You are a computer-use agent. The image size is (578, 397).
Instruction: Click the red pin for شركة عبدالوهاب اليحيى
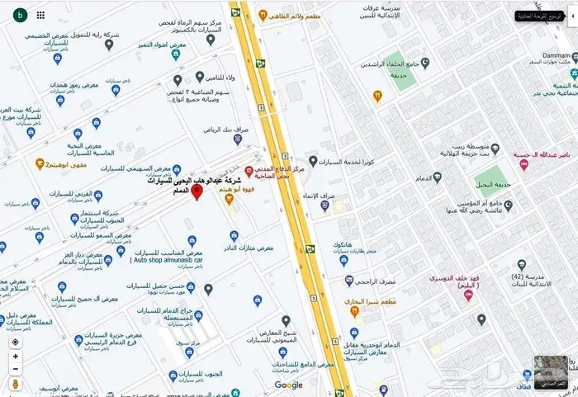click(x=197, y=191)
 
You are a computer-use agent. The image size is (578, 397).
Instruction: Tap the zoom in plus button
click(x=16, y=357)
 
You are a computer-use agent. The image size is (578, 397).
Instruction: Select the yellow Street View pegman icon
click(x=16, y=384)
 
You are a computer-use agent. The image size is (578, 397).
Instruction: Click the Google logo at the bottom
click(x=288, y=385)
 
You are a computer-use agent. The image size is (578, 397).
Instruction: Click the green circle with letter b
click(x=19, y=14)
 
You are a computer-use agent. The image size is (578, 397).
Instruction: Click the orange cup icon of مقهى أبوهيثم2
click(x=40, y=163)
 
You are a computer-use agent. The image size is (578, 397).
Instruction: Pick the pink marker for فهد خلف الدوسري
click(x=469, y=295)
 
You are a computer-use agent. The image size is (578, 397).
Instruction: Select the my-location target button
click(x=16, y=341)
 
